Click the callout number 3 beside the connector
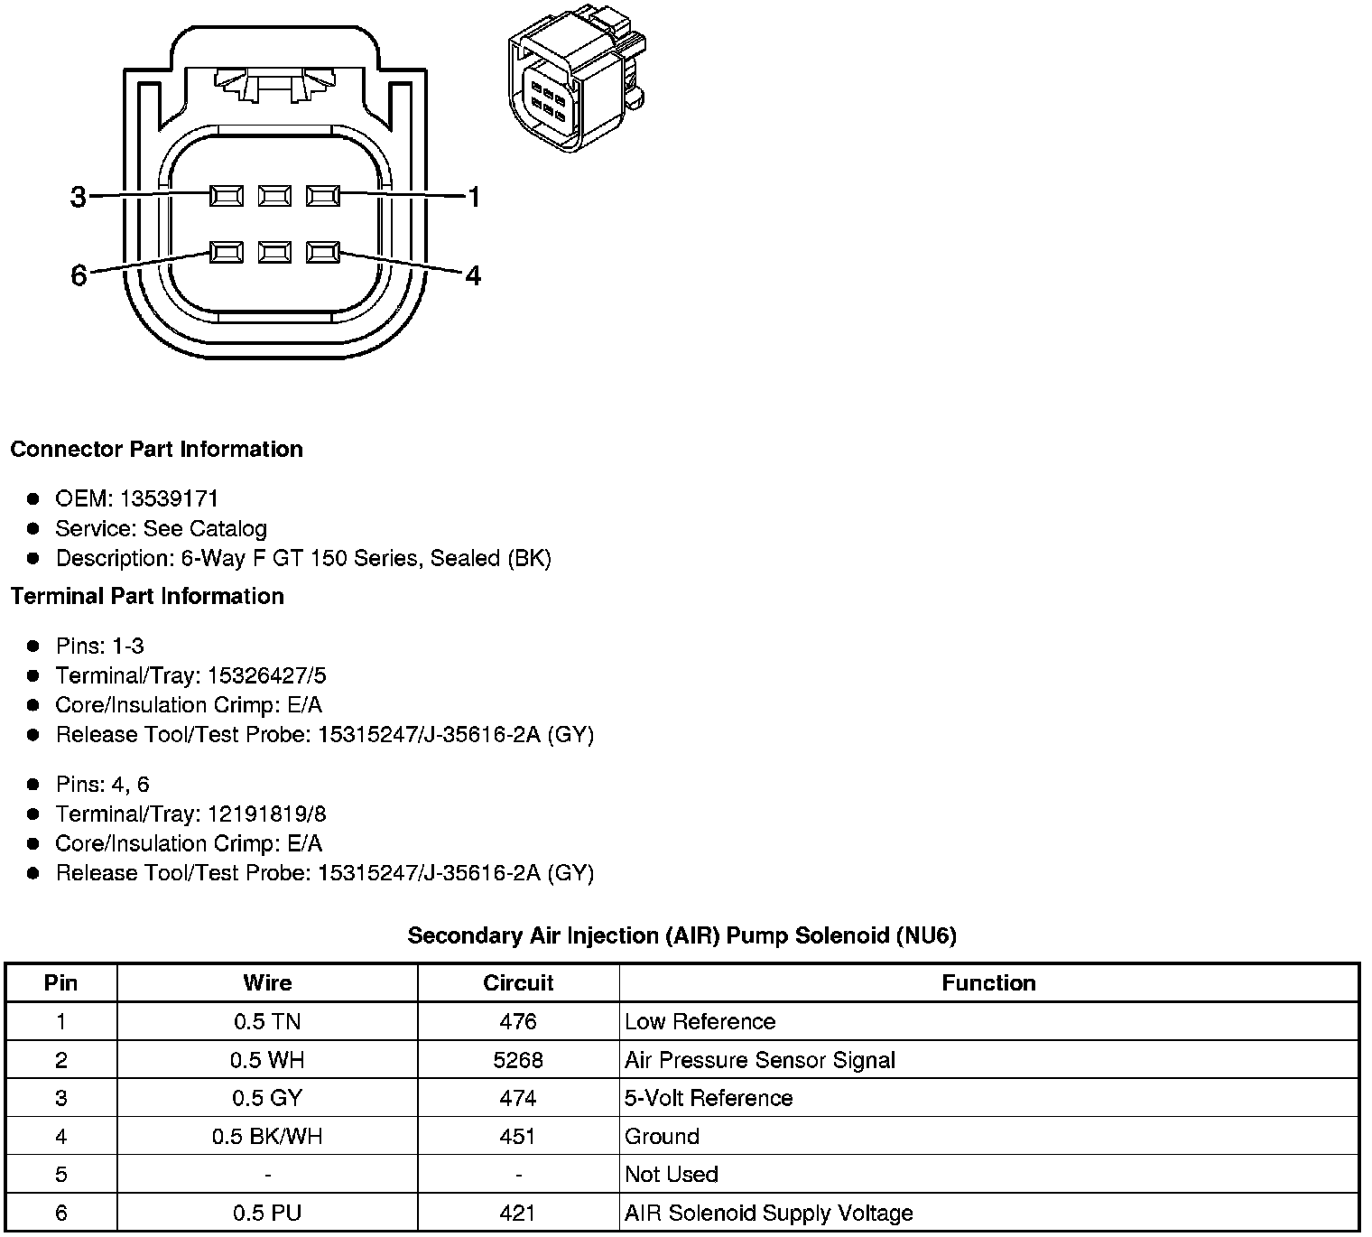pos(79,196)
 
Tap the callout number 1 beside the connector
pos(473,196)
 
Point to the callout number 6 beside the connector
pos(79,275)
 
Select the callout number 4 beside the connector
pos(473,274)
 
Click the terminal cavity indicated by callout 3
pos(226,195)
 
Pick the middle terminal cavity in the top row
pos(274,195)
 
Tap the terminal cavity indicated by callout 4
pos(323,252)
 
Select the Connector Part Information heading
pos(156,449)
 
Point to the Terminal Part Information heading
pos(147,596)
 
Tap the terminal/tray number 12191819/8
pos(266,814)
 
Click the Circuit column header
pos(518,982)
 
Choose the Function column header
pos(988,982)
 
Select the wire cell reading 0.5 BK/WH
pos(267,1136)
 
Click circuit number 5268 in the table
pos(518,1059)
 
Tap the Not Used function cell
pos(672,1174)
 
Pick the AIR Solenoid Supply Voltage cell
pos(768,1213)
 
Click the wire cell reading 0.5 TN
pos(267,1021)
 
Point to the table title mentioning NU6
pos(681,935)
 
